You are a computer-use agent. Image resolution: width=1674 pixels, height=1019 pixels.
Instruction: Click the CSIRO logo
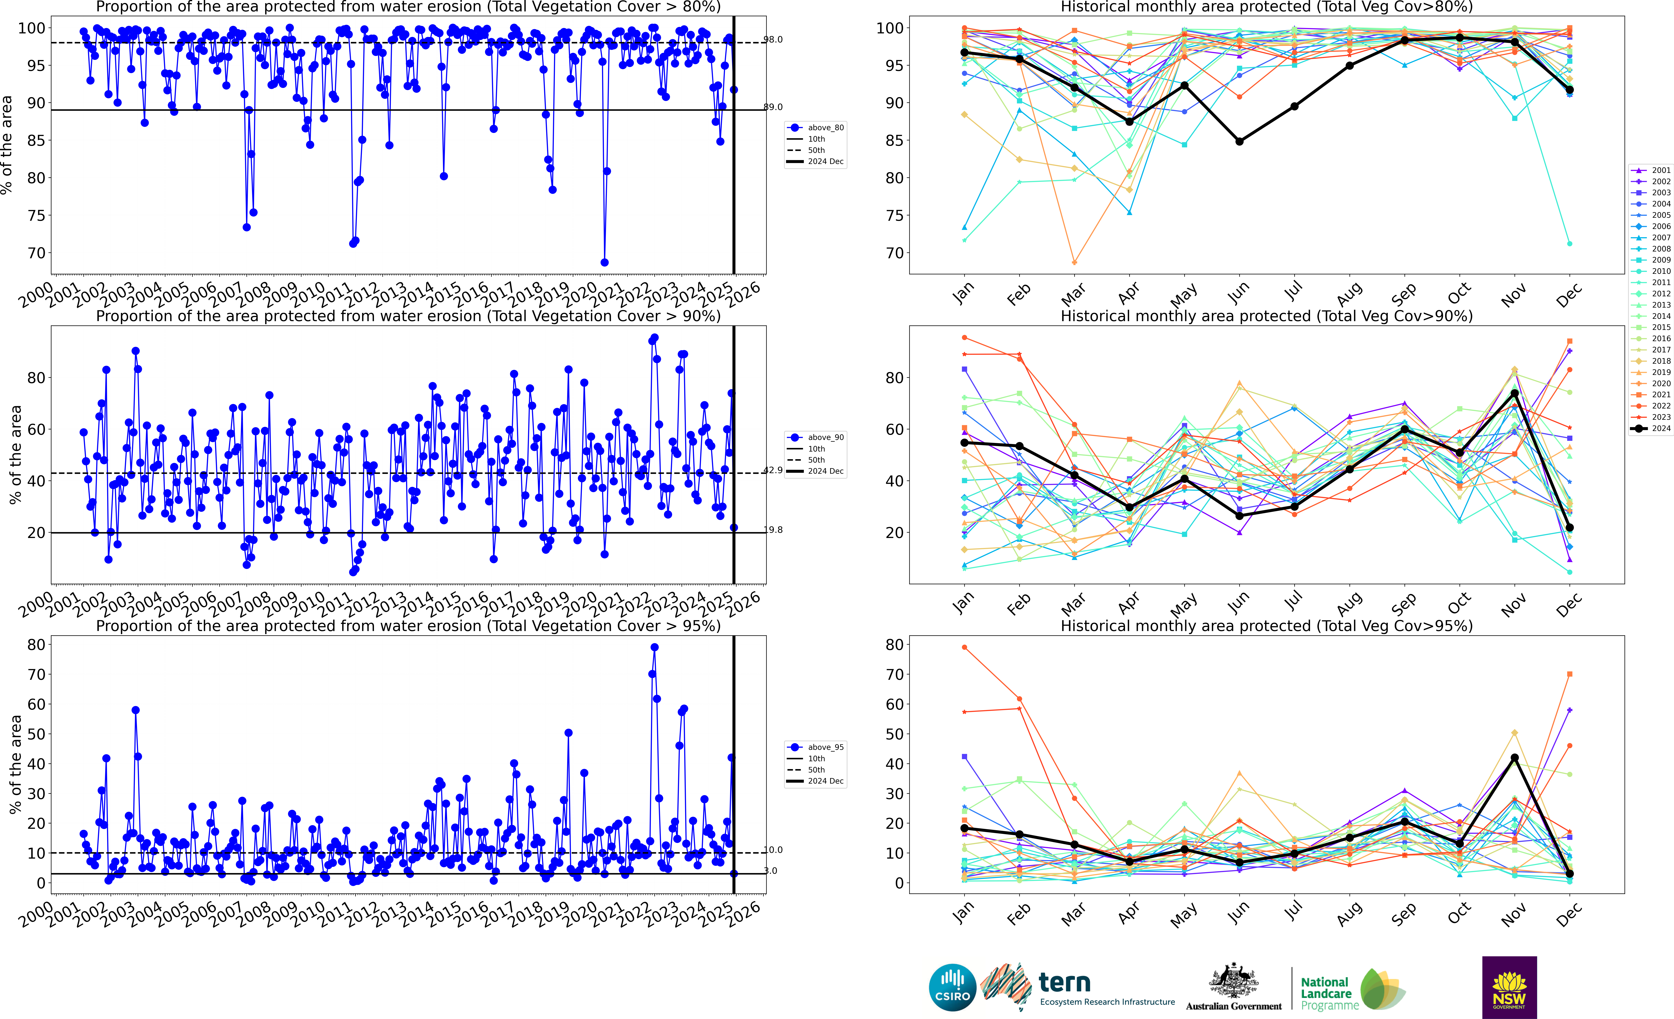click(x=952, y=987)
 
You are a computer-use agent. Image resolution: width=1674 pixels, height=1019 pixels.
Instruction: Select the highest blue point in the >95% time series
click(x=654, y=647)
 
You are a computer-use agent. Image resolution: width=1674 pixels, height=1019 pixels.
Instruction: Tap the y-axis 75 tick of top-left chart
click(x=35, y=215)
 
